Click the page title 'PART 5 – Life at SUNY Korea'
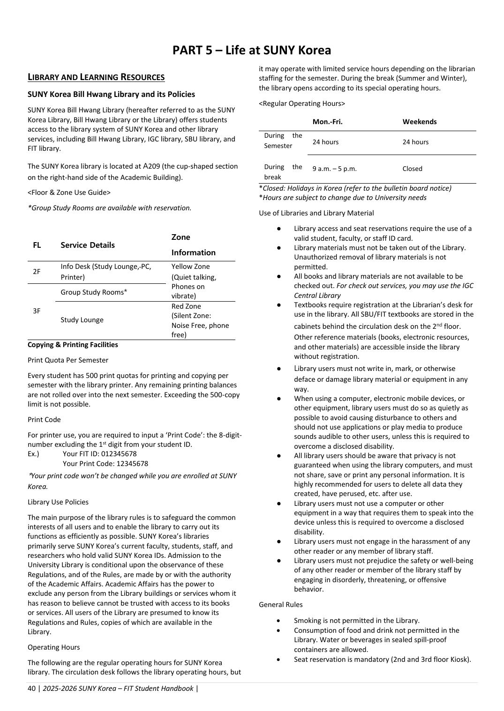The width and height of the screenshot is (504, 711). (x=252, y=50)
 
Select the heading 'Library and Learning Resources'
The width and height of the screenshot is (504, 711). (x=96, y=77)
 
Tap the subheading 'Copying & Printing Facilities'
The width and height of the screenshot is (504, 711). (x=73, y=345)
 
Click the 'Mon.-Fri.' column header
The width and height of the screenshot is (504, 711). (x=327, y=122)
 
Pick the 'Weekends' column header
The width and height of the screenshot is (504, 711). (x=419, y=122)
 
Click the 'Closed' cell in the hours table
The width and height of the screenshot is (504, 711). (x=412, y=169)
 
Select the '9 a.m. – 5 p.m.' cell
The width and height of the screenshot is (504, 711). (x=334, y=169)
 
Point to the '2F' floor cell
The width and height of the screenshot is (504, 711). (x=37, y=272)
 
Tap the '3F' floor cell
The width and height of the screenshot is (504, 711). (x=37, y=311)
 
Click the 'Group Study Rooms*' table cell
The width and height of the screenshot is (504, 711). (x=94, y=292)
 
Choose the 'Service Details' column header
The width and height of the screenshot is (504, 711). (x=88, y=245)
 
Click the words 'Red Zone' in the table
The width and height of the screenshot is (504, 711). (x=186, y=306)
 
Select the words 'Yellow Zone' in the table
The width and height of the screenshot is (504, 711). (x=190, y=267)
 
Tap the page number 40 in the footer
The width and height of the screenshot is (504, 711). (x=31, y=689)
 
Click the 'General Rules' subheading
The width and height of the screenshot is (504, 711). (x=281, y=605)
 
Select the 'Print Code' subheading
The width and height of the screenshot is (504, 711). (x=44, y=420)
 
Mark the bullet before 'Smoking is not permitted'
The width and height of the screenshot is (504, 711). (x=278, y=621)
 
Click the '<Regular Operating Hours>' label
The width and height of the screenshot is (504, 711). (x=302, y=104)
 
